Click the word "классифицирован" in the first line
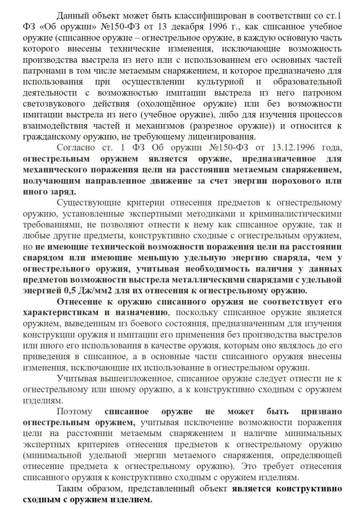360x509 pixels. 207,15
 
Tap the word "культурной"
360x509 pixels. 220,82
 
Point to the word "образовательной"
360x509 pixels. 307,82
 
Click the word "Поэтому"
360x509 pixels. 74,411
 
